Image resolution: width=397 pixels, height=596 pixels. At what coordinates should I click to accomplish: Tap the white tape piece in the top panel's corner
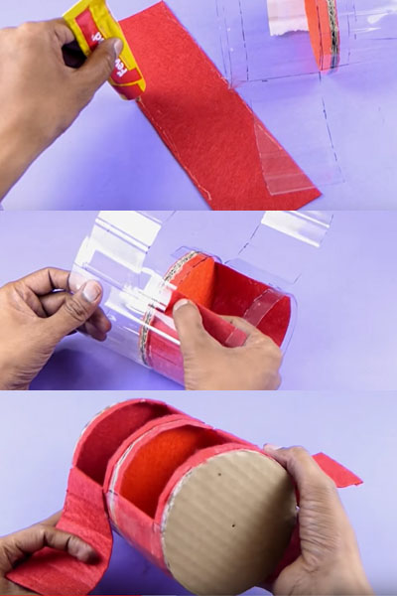287,15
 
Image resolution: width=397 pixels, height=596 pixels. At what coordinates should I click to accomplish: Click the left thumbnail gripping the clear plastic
90,291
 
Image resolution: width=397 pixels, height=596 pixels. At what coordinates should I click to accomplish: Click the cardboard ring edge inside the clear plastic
159,298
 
